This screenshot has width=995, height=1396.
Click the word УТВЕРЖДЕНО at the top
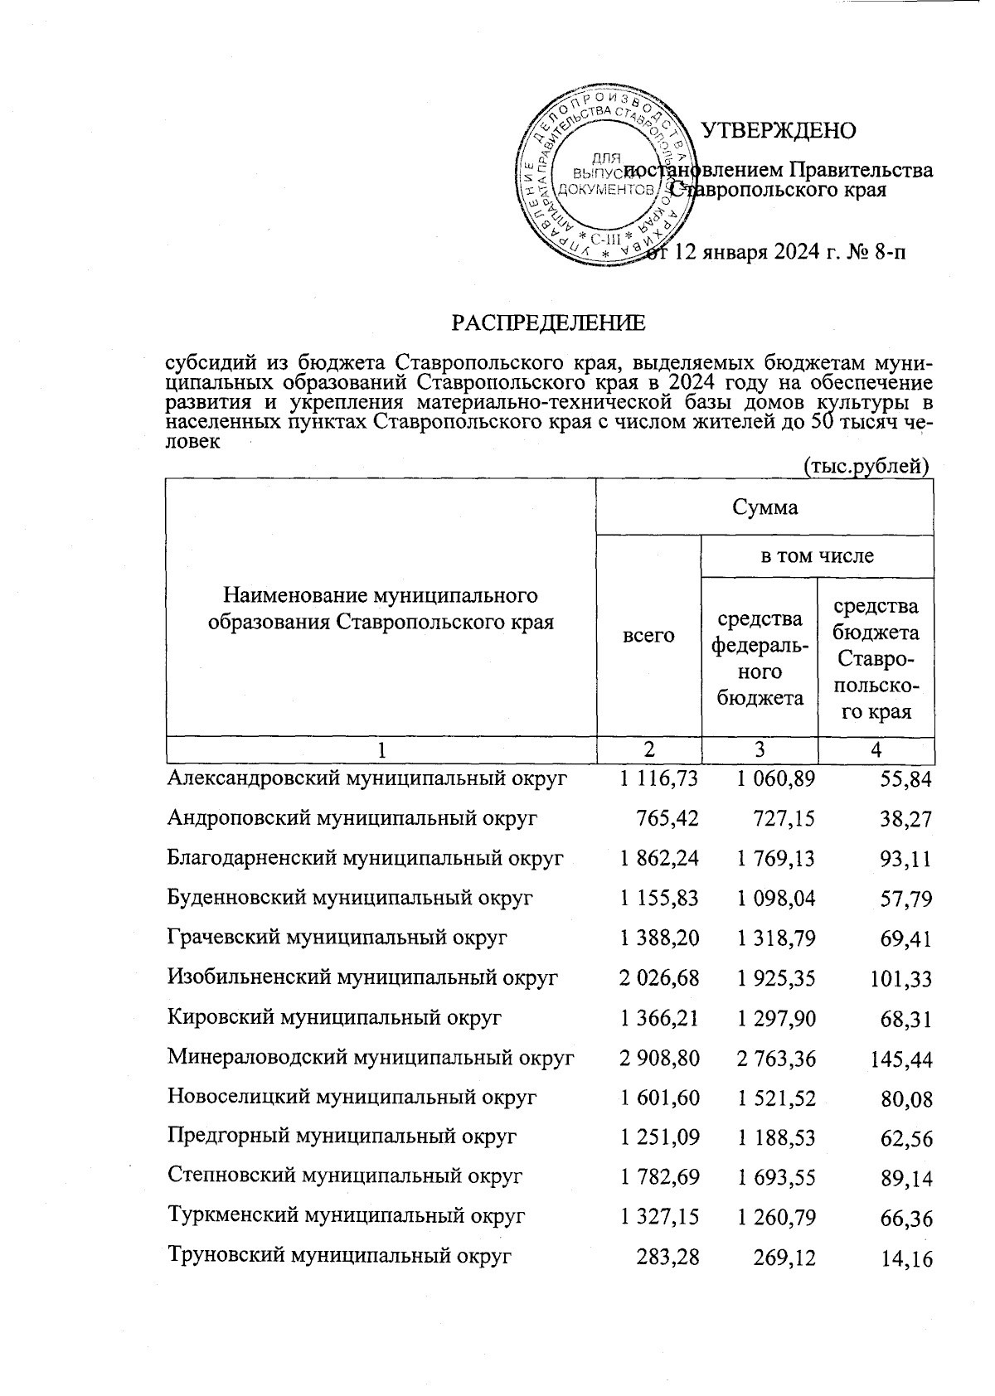[779, 131]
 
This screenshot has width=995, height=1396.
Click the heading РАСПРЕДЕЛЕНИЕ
[547, 322]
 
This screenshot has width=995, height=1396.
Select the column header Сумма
[764, 507]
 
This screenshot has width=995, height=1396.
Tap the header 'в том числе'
[818, 556]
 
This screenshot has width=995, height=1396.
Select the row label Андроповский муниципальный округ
[352, 818]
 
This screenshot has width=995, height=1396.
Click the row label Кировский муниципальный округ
[334, 1017]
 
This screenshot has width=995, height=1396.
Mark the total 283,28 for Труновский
[667, 1257]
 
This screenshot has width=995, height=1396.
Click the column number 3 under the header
[760, 750]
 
